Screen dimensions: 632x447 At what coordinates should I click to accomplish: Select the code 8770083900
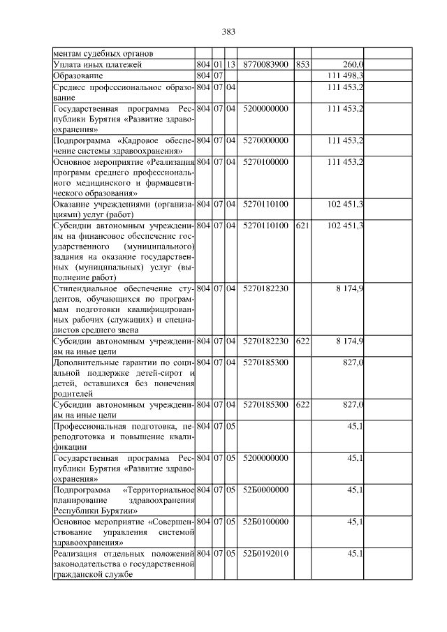(x=265, y=64)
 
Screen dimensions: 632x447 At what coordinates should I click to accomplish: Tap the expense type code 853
(x=302, y=64)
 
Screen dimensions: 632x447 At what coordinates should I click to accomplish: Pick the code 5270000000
(x=265, y=140)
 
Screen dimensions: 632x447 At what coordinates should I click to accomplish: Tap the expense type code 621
(x=302, y=225)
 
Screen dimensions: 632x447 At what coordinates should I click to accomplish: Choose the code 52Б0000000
(x=265, y=490)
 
